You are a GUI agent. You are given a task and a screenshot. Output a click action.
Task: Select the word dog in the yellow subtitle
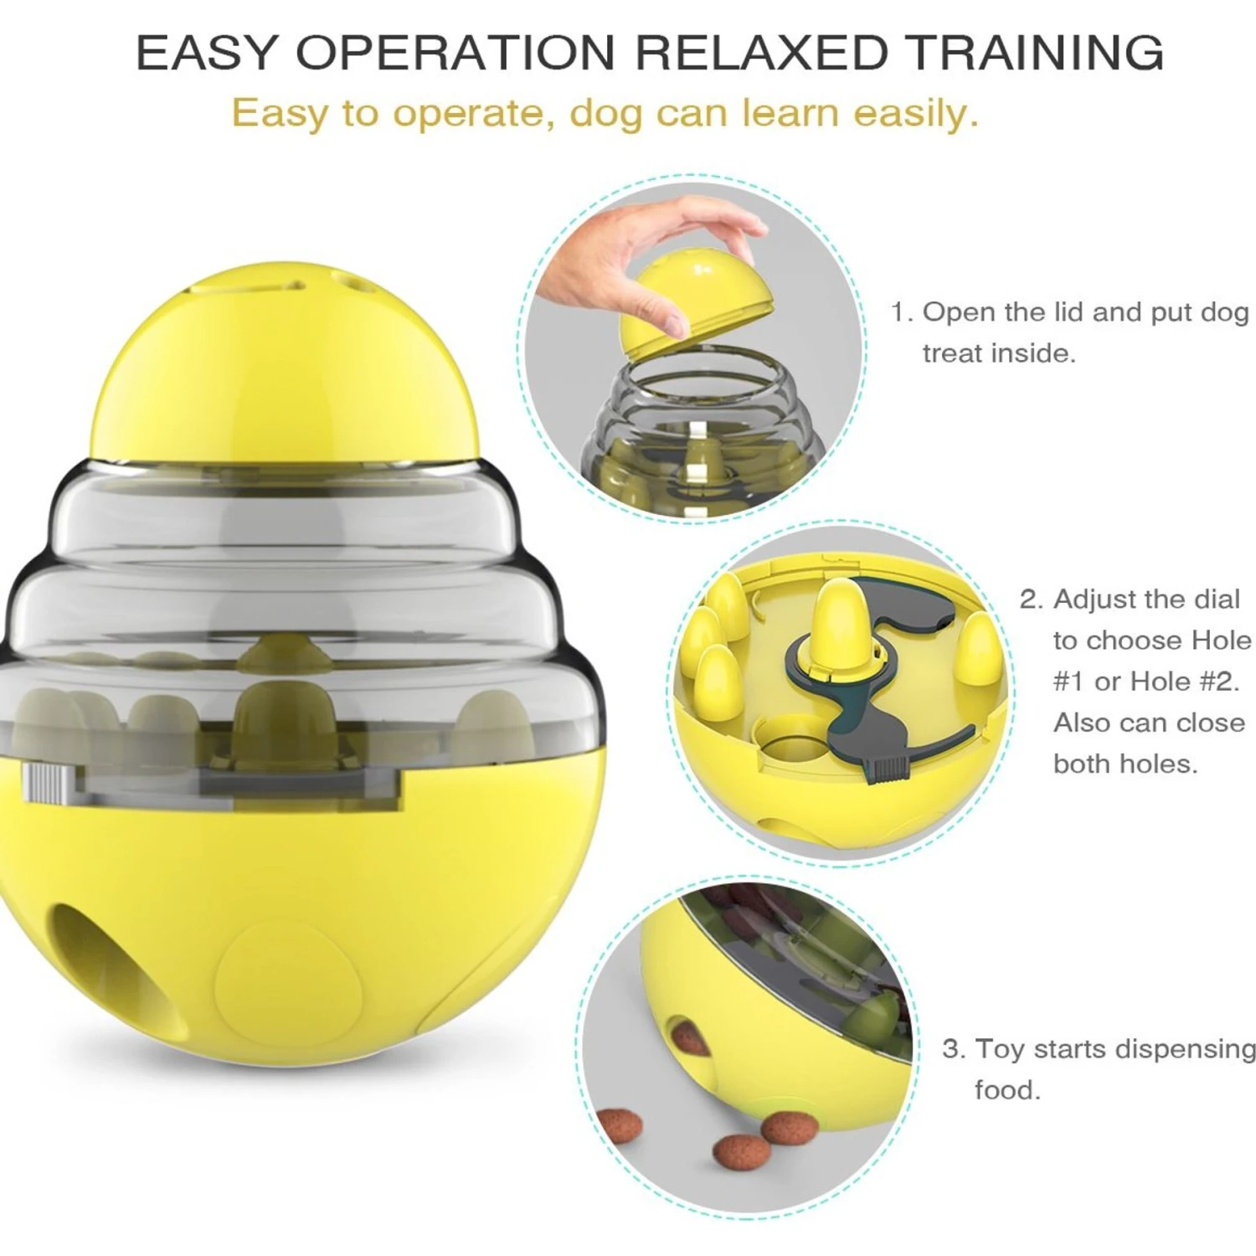[x=605, y=113]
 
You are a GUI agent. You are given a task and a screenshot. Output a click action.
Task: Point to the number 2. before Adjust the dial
[x=1032, y=600]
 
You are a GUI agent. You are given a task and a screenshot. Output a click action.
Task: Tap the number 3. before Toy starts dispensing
[x=954, y=1049]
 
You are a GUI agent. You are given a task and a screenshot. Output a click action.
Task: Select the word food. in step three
[x=1007, y=1090]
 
